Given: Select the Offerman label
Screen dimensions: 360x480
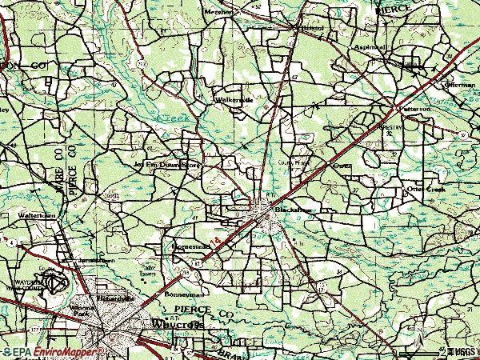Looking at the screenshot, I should [460, 84].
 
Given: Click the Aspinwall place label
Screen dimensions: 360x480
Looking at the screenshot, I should [370, 47].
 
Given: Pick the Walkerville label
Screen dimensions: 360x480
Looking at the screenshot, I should [234, 100].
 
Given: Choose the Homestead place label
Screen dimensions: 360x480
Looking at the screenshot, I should [190, 247].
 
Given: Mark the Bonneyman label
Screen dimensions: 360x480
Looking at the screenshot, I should [180, 294].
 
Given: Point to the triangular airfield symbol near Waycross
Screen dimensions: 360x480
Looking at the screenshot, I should [54, 282].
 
